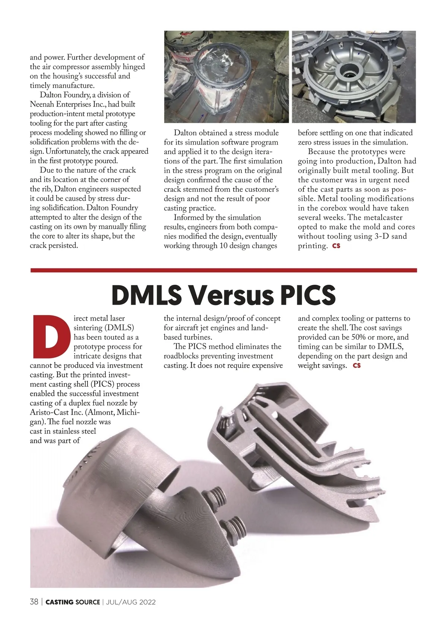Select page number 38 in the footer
pos(34,602)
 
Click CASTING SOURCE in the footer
pos(73,602)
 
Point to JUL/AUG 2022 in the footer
pos(131,602)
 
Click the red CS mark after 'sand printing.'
pos(336,246)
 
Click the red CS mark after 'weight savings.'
pos(357,365)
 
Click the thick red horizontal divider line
pos(223,270)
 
